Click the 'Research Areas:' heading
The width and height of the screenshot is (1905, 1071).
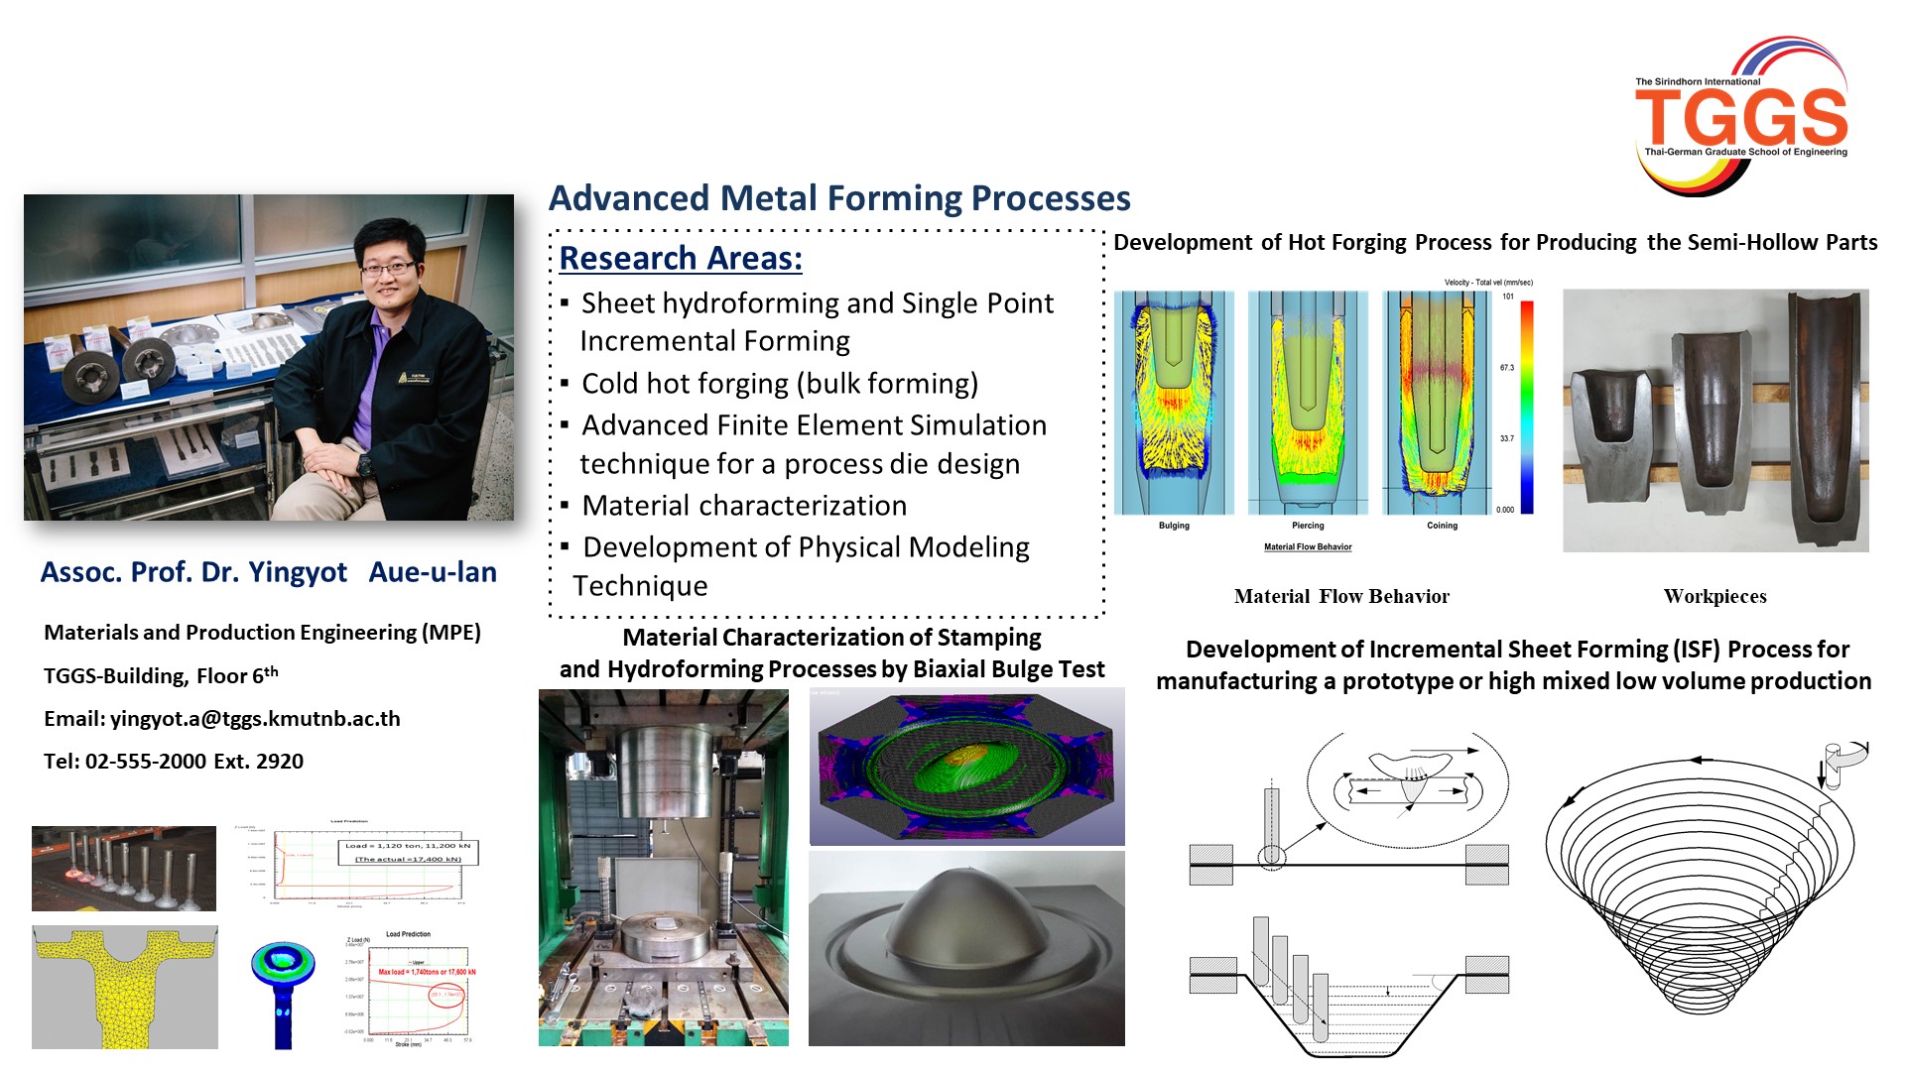tap(681, 258)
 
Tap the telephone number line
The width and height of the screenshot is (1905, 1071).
tap(174, 762)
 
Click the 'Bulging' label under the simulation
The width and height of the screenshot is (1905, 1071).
tap(1174, 526)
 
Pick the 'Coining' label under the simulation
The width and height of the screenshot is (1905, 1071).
tap(1442, 526)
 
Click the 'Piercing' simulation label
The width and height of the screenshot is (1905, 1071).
tap(1308, 526)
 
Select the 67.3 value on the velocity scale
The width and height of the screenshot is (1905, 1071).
tap(1506, 368)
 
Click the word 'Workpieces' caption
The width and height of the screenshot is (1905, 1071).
tap(1714, 596)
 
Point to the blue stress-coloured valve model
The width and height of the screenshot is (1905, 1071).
tap(284, 982)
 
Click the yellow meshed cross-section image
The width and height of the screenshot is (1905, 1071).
tap(124, 987)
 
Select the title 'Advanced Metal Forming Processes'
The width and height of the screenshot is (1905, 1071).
tap(839, 198)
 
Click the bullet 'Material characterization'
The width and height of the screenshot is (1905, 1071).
tap(744, 506)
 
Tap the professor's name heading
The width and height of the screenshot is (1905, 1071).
tap(268, 572)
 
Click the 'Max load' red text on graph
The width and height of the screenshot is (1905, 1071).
tap(427, 972)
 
